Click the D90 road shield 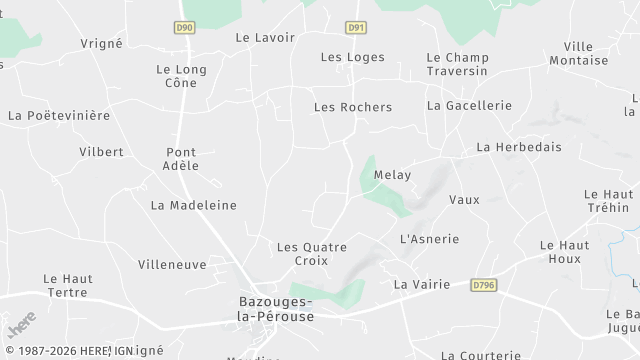(183, 27)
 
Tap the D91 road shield (355, 27)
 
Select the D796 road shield (483, 285)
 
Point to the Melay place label (392, 175)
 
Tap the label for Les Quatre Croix (311, 253)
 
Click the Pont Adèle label (182, 159)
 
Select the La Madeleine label (194, 205)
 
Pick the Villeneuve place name (171, 265)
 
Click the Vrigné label (101, 44)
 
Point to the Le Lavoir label (265, 37)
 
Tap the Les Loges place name (352, 57)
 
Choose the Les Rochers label (353, 107)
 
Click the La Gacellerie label (469, 105)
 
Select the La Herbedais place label (519, 147)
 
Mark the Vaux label (464, 199)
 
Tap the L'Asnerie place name (429, 239)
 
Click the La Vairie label (422, 284)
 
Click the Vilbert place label (101, 152)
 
